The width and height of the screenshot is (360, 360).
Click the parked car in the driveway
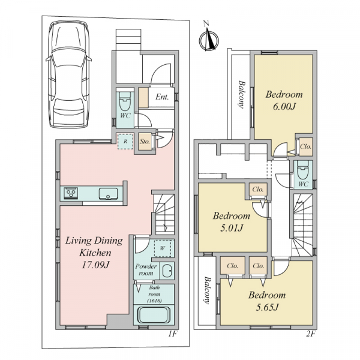[68, 74]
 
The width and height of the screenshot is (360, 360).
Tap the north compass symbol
[209, 40]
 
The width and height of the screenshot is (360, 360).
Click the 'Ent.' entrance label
[162, 97]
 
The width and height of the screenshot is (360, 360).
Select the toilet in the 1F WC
[125, 102]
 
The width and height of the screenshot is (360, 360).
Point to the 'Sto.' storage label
[145, 142]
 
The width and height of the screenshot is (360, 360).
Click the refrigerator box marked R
[125, 142]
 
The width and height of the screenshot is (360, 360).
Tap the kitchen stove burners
[71, 193]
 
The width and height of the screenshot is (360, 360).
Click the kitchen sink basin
[109, 194]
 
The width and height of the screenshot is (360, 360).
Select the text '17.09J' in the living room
[95, 265]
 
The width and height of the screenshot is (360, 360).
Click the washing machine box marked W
[163, 248]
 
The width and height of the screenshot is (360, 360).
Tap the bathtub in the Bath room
[154, 315]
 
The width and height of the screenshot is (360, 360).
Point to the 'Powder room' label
[146, 269]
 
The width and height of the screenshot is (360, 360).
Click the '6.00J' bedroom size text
[284, 107]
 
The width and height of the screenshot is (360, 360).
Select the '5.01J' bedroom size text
[232, 228]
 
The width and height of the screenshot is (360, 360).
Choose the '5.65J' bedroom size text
[267, 307]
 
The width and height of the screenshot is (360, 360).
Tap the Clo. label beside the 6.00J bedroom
[306, 146]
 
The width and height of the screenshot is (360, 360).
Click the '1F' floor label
[173, 334]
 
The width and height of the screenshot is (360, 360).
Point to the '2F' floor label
[310, 334]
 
